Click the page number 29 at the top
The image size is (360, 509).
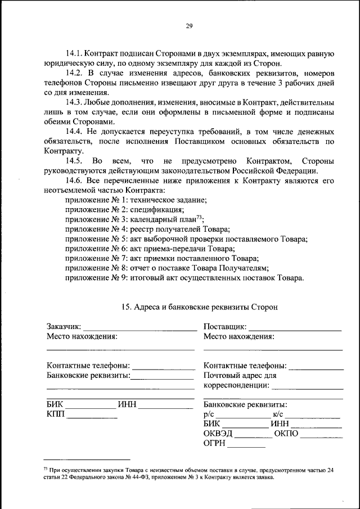tap(189, 25)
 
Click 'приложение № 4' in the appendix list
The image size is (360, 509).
tap(96, 229)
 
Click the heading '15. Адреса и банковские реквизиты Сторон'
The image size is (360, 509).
tap(199, 307)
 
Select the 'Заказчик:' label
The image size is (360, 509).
tap(64, 327)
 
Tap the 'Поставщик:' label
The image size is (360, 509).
tap(224, 327)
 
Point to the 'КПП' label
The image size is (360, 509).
tap(56, 414)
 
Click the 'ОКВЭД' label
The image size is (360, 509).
tap(218, 434)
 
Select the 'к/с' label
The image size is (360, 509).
tap(278, 414)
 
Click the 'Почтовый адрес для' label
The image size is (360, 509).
tap(240, 375)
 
